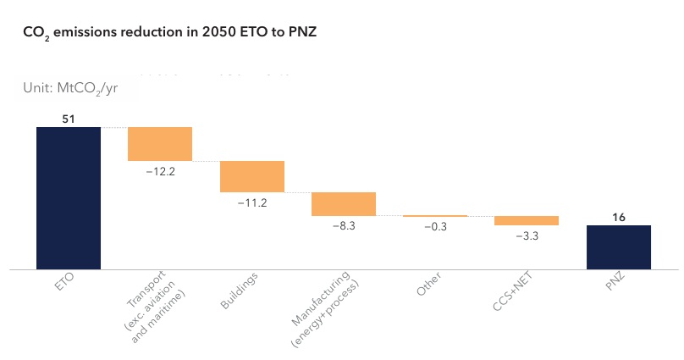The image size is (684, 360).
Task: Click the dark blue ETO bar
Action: coord(68,197)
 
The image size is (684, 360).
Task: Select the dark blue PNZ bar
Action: coord(619,246)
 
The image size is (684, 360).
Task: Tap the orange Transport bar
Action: coord(160,144)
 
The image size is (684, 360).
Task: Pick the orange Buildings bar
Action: coord(251,176)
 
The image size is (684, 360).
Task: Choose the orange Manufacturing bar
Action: coord(344,204)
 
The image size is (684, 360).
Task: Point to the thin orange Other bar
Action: coord(435,216)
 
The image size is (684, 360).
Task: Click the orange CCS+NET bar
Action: coord(527,220)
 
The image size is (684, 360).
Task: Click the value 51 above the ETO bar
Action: coord(69,119)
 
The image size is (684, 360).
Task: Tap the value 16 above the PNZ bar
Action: coord(619,218)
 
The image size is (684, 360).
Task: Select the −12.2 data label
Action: coord(160,171)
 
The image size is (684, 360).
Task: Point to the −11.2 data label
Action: coord(251,203)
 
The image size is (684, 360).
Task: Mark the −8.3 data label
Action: coord(344,227)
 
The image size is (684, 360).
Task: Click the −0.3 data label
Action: coord(435,228)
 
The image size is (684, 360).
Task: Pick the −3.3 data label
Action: coord(527,236)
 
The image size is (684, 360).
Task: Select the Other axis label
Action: coord(428,285)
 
